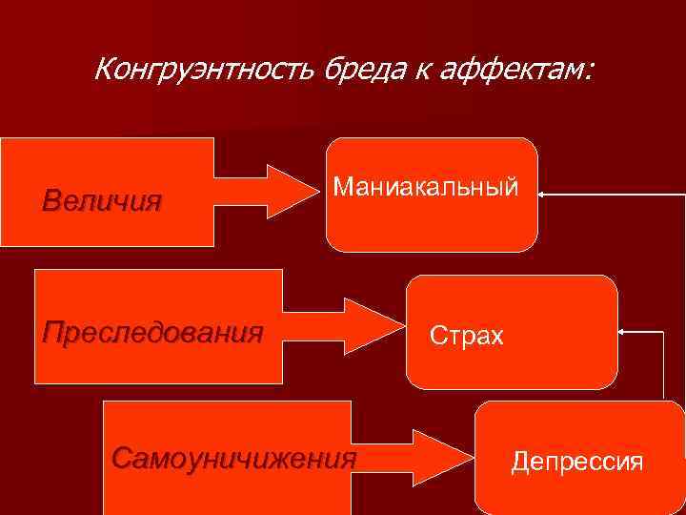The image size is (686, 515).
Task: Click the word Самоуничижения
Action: [x=233, y=459]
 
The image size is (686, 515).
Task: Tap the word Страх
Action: [x=466, y=336]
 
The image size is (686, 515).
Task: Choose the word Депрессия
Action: [x=577, y=463]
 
